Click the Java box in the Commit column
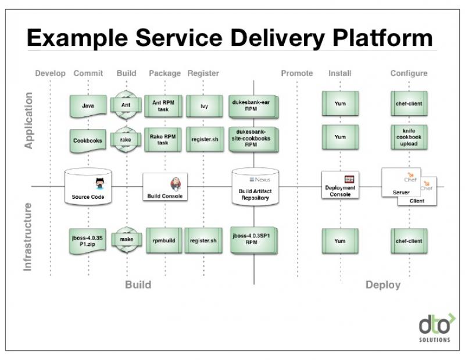[x=88, y=106]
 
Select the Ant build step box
[x=126, y=106]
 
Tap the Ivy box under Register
[x=204, y=106]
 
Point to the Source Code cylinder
[x=88, y=187]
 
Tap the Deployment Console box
[x=341, y=187]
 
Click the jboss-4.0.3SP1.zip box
[x=88, y=240]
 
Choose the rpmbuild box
[x=164, y=240]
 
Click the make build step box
[x=126, y=240]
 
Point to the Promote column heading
[x=296, y=73]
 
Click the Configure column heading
[x=409, y=73]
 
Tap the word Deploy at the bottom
[x=382, y=284]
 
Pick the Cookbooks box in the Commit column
[x=88, y=140]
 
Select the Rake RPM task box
[x=164, y=140]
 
